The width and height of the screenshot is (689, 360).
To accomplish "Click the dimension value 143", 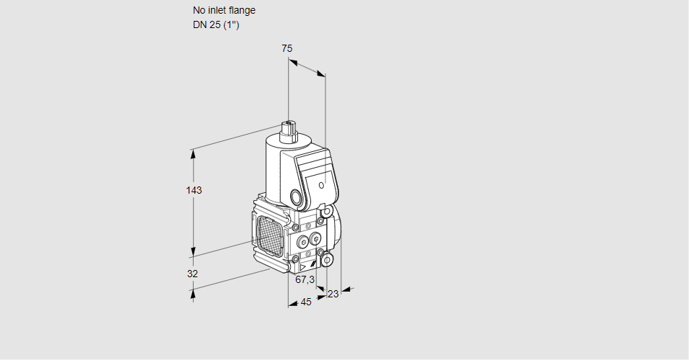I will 194,190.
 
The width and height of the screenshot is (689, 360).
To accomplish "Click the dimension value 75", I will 287,48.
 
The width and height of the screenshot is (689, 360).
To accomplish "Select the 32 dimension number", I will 192,274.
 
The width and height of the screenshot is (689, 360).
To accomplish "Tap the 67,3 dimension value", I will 305,279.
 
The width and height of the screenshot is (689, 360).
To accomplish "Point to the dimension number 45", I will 306,302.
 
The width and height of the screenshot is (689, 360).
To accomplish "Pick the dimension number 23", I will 333,294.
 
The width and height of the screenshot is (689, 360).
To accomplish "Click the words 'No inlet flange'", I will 224,10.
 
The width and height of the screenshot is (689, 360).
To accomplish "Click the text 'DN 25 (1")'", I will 216,24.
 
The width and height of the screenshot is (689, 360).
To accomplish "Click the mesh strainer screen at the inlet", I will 271,233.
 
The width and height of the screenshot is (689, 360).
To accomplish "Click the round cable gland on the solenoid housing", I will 297,197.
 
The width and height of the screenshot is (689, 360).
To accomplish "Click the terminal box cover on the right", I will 318,176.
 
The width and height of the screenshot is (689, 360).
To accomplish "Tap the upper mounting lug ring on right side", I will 328,212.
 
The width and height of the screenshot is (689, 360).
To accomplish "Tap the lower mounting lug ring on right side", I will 327,259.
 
